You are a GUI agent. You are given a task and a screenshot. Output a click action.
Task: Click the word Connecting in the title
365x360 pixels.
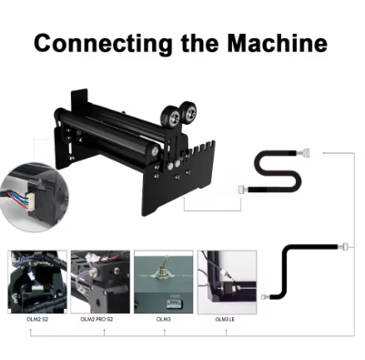103,44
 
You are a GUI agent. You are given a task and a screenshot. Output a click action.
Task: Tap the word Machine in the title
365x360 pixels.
278,43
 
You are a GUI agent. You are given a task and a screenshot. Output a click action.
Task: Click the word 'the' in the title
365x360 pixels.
200,43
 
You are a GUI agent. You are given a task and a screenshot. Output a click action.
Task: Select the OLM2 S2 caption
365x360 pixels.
37,319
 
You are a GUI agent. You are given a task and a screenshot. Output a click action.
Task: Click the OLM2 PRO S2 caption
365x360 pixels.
96,319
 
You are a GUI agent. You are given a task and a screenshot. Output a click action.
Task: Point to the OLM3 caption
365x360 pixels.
164,319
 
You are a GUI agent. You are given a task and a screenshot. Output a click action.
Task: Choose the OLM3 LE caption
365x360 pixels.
225,319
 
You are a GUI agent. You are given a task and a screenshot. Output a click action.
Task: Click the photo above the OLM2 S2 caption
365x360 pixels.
37,282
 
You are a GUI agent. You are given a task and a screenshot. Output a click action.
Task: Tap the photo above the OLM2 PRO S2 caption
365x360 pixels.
100,282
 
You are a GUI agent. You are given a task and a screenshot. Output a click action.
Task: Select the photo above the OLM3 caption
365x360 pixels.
164,282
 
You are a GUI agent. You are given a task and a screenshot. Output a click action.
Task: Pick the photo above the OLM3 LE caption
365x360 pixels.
227,282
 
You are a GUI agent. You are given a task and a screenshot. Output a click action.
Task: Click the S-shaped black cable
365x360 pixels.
277,170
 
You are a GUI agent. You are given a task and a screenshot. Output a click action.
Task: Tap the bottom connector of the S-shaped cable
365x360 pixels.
244,190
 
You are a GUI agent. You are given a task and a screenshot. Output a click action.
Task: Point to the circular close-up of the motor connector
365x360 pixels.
35,198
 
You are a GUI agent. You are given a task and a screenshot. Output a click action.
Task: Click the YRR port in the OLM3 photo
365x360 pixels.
174,303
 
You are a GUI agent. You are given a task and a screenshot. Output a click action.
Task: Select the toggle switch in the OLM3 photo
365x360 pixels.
162,268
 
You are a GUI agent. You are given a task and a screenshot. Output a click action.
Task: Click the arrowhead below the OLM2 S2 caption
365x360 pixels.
30,332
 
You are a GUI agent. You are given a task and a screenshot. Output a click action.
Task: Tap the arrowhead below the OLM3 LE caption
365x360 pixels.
226,332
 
